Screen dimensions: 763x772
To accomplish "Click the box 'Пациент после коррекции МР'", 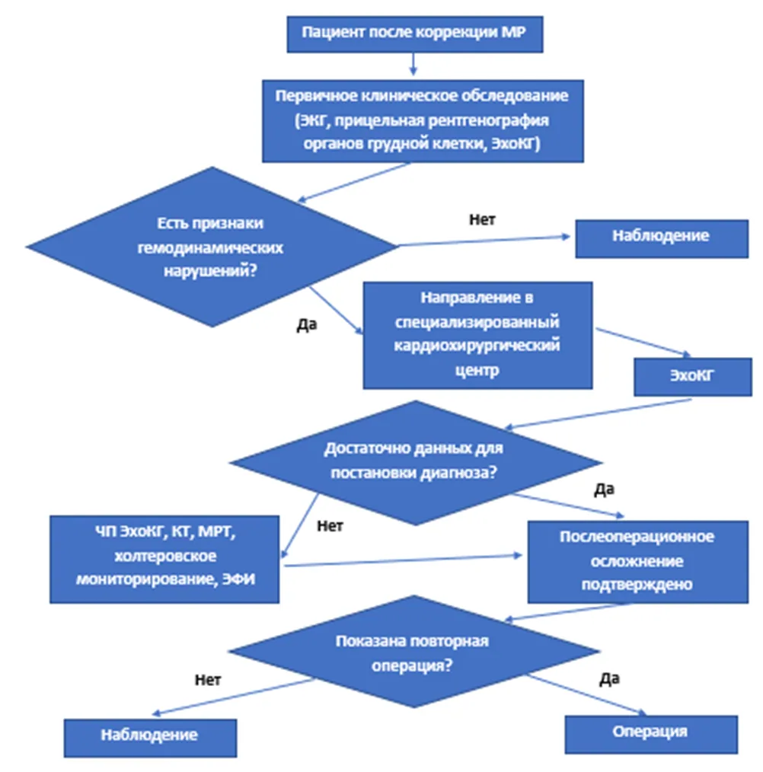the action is point(415,34).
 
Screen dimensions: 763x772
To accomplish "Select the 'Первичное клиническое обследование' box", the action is point(423,121).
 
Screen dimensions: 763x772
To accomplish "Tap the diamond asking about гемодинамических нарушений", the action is point(212,247).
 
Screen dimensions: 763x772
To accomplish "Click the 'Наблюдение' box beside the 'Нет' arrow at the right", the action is point(662,239).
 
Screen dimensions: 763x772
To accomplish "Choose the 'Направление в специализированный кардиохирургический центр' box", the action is point(477,335).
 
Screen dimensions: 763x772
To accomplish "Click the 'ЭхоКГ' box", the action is point(692,377).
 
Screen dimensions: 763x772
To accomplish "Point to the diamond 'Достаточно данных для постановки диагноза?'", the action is point(415,462).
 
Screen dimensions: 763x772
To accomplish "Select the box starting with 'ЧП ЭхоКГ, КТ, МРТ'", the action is point(164,560).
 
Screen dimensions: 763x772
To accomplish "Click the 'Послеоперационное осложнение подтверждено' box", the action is point(638,562).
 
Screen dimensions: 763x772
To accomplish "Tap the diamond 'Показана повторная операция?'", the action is point(413,652).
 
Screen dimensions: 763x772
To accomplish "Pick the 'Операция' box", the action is point(651,735).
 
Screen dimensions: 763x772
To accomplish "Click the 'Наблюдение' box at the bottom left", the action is point(150,738).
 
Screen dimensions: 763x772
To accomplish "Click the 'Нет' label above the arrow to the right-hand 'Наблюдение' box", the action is point(482,219).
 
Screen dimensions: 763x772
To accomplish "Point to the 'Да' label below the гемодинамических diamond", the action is point(306,324).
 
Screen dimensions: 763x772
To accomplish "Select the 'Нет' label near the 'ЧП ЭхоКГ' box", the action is point(330,526).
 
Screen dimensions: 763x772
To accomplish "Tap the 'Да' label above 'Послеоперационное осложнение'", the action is point(605,489).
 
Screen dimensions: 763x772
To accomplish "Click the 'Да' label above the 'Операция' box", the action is point(609,679).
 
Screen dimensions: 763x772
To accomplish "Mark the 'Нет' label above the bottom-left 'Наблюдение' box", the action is point(208,680).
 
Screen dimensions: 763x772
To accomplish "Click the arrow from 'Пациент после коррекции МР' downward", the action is point(413,64).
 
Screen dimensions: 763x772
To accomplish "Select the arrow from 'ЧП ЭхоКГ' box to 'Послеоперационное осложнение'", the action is point(403,560).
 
